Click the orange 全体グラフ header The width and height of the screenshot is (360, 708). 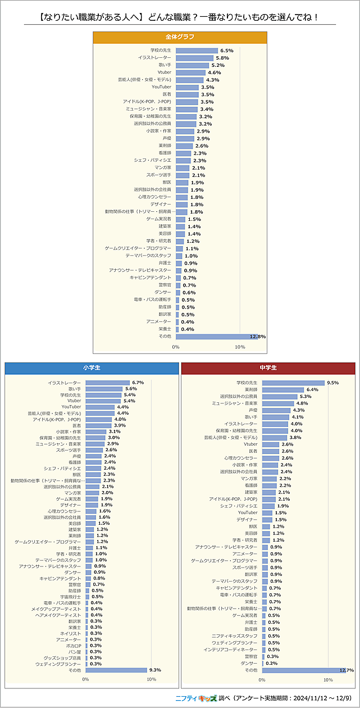[x=180, y=37]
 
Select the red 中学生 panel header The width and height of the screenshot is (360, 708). [x=268, y=367]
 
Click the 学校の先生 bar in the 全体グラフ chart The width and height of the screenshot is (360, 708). [x=197, y=51]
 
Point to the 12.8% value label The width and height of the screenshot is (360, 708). [x=258, y=337]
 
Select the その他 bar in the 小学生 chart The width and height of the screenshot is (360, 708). [x=116, y=670]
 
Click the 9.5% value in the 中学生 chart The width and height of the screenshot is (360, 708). [x=332, y=383]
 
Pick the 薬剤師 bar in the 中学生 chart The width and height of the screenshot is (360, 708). [x=282, y=389]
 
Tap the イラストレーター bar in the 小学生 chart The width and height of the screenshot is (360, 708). [x=107, y=383]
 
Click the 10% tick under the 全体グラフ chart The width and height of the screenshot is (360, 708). [x=240, y=347]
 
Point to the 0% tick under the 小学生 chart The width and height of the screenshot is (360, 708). [x=85, y=679]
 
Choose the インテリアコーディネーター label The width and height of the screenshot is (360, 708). [x=231, y=650]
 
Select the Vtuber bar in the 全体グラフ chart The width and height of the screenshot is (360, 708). [x=190, y=72]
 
